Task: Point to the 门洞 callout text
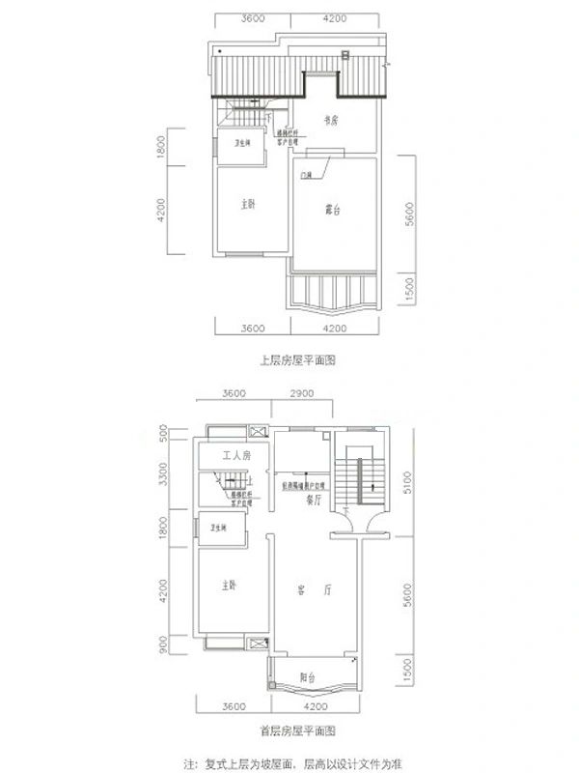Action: click(x=306, y=175)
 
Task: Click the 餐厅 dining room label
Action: click(x=312, y=501)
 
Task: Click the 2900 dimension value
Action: click(x=301, y=394)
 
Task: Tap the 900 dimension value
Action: click(x=163, y=643)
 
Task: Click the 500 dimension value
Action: click(x=163, y=432)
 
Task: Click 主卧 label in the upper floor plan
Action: click(x=248, y=205)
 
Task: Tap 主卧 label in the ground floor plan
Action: click(x=229, y=586)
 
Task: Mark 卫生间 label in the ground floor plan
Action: click(x=221, y=528)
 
